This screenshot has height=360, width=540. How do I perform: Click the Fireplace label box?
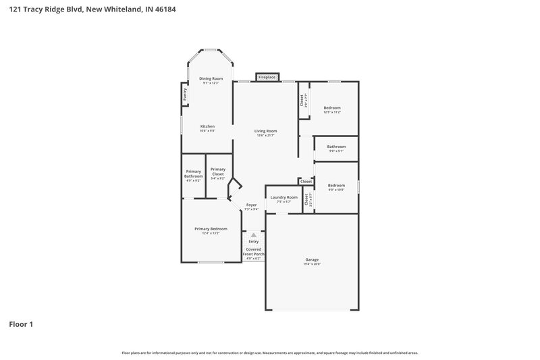267,78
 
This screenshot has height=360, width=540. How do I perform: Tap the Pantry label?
185,95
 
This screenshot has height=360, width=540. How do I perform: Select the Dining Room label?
211,80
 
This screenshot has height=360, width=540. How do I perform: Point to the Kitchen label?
207,128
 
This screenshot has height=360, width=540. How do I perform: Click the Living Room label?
265,132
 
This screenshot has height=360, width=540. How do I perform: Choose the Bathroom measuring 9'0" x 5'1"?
336,149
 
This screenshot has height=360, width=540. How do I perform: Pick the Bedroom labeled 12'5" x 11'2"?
331,109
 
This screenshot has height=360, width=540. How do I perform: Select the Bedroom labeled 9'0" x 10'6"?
336,187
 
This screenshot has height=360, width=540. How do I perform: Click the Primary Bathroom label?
193,176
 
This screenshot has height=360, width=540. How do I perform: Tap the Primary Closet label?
217,174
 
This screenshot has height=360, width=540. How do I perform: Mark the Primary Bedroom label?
211,230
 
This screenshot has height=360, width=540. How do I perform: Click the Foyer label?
251,206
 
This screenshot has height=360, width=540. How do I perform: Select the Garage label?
312,261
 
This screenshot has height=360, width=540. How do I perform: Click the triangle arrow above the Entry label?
254,235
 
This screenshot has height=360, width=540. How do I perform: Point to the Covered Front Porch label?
254,253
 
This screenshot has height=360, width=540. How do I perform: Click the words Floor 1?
21,325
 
